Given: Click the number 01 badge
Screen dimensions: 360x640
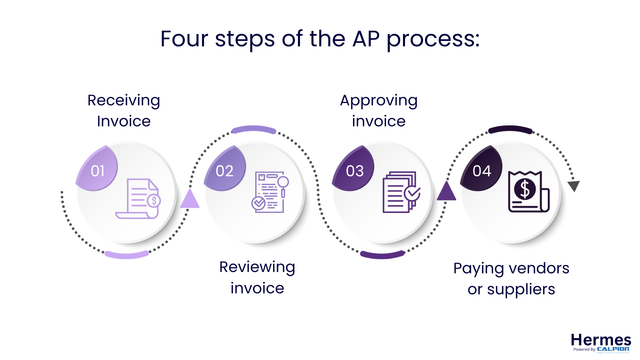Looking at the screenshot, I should tap(97, 171).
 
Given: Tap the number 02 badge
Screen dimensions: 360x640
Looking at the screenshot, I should tap(224, 171).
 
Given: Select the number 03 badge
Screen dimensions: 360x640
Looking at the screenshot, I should tap(354, 171).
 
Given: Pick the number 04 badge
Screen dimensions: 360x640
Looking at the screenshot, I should tap(482, 171).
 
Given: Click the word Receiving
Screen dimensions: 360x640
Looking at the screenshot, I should tap(124, 100).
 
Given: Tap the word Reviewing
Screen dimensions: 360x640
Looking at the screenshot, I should tap(257, 267).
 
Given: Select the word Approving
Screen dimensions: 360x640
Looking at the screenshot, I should tap(379, 100).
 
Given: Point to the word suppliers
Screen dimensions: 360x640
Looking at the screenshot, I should tap(521, 289).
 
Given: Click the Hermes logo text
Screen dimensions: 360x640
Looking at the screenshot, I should tap(601, 340).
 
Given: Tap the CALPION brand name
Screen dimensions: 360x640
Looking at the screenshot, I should tap(613, 349).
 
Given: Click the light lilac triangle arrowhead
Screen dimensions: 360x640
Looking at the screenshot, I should tap(190, 200).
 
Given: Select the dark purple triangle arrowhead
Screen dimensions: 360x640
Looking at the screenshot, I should tap(446, 192).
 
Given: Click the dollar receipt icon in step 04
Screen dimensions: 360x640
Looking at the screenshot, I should tap(528, 192).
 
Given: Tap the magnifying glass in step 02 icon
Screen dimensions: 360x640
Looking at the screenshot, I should tap(283, 182).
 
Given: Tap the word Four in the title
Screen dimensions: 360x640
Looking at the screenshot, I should tap(184, 39).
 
